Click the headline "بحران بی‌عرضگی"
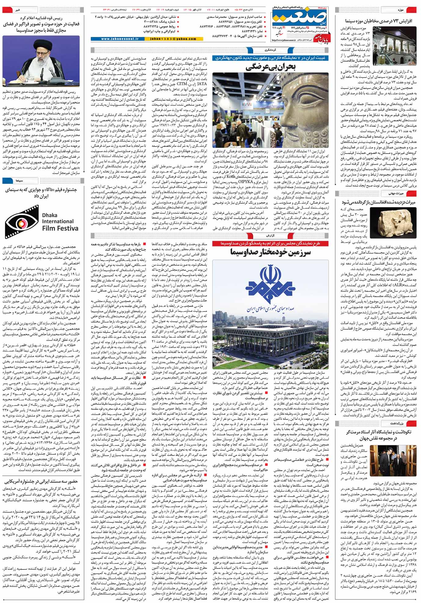pos(271,67)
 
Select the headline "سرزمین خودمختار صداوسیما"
pos(271,252)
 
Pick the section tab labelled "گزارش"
pos(271,235)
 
